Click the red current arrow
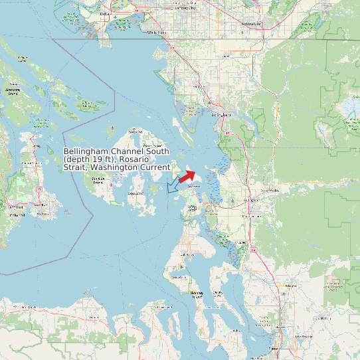[187, 176]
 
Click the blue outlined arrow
[173, 186]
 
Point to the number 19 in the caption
[100, 160]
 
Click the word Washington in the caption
[112, 168]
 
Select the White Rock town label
[157, 32]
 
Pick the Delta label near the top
[104, 13]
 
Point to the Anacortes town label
[193, 187]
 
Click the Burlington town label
[252, 199]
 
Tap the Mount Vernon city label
[252, 216]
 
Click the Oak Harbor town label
[188, 254]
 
